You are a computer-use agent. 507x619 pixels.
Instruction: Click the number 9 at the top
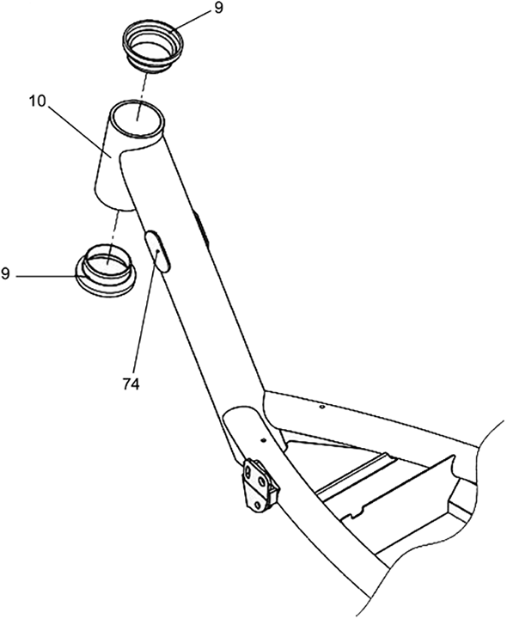pos(219,8)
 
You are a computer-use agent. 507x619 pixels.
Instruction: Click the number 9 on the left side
pos(5,273)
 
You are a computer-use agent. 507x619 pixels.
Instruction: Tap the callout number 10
pos(38,101)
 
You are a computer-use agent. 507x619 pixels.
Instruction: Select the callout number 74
pos(131,384)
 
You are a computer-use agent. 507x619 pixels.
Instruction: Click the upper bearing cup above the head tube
pos(153,46)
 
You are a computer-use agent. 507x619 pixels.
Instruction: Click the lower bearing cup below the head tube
pos(106,271)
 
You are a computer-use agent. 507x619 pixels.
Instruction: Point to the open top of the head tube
pos(137,119)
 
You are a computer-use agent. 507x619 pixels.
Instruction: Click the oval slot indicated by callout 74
pos(159,252)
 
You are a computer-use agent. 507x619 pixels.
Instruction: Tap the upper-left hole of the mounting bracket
pos(247,472)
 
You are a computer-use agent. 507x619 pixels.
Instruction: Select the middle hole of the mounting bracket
pos(261,482)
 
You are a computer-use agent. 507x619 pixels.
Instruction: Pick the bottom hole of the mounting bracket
pos(257,505)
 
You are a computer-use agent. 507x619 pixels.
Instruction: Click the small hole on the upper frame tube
pos(322,407)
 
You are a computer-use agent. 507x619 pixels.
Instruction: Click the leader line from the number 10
pos(81,131)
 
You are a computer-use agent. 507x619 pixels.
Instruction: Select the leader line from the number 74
pos(145,313)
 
